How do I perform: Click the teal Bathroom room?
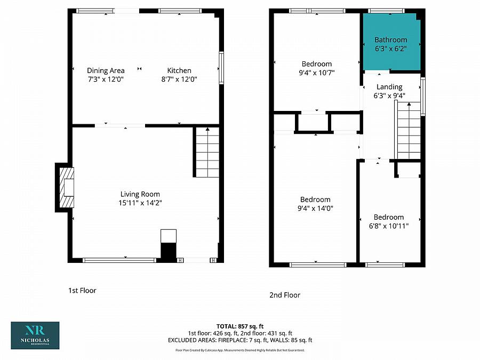pyautogui.click(x=391, y=42)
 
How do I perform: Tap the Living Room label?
pyautogui.click(x=140, y=194)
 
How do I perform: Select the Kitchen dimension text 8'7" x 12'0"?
pyautogui.click(x=179, y=79)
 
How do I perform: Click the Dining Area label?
pyautogui.click(x=106, y=71)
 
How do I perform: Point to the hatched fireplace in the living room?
pyautogui.click(x=67, y=187)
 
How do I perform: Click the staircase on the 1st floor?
pyautogui.click(x=207, y=152)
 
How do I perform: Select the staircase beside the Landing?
pyautogui.click(x=409, y=131)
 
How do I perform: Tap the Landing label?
pyautogui.click(x=389, y=87)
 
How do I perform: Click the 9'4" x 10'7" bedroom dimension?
pyautogui.click(x=316, y=73)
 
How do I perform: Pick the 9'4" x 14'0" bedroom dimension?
pyautogui.click(x=315, y=209)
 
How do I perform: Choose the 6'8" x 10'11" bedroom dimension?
pyautogui.click(x=389, y=226)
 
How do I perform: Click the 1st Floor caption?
pyautogui.click(x=82, y=291)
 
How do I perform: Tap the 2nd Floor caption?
pyautogui.click(x=285, y=295)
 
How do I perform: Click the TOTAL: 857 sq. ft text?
pyautogui.click(x=240, y=326)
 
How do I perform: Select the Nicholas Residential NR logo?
pyautogui.click(x=35, y=335)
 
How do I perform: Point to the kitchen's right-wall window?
pyautogui.click(x=221, y=68)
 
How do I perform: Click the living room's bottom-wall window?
pyautogui.click(x=119, y=260)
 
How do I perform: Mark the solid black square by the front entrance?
pyautogui.click(x=169, y=252)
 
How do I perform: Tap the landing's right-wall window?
pyautogui.click(x=423, y=97)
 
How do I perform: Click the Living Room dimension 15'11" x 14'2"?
pyautogui.click(x=140, y=203)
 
